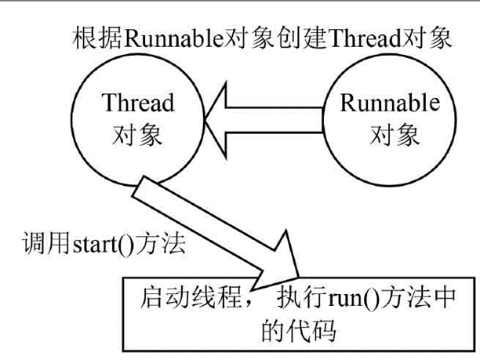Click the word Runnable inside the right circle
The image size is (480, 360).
coord(389,105)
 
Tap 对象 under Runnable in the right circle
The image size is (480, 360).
coord(389,135)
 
